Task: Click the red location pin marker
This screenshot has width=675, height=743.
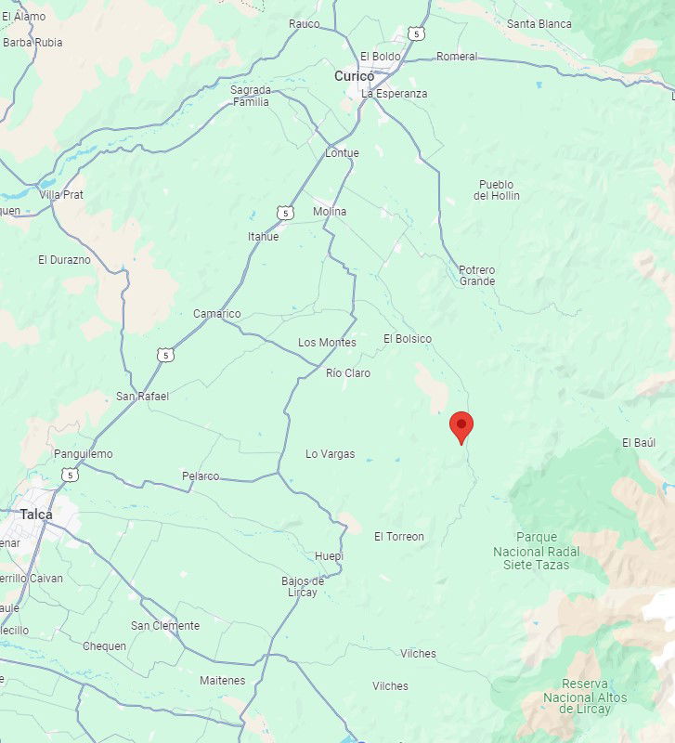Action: click(x=461, y=426)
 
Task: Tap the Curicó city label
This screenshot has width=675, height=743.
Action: click(x=354, y=76)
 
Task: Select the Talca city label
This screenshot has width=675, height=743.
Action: click(x=36, y=515)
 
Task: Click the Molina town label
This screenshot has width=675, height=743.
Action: click(x=330, y=212)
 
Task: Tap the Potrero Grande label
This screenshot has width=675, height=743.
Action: click(x=477, y=276)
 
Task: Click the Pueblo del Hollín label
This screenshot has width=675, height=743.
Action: click(x=497, y=190)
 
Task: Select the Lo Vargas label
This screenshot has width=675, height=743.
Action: click(x=331, y=454)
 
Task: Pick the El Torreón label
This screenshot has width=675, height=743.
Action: click(x=399, y=537)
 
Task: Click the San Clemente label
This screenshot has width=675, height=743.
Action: click(x=165, y=626)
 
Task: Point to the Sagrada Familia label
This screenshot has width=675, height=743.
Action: click(x=251, y=96)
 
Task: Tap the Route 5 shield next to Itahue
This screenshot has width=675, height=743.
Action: click(x=285, y=214)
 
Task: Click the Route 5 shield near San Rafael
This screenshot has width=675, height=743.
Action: click(x=164, y=355)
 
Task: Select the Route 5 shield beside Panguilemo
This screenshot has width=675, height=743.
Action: click(x=71, y=475)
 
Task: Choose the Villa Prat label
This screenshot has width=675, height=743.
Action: click(x=61, y=195)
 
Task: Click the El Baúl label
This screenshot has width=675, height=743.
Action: click(x=639, y=443)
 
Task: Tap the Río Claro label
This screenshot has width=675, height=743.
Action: click(x=348, y=373)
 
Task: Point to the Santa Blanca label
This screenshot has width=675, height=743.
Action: click(x=539, y=23)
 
